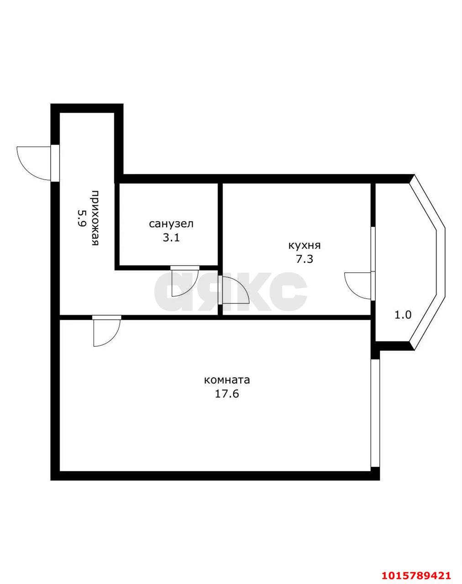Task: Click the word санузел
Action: (171, 224)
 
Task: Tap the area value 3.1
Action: (171, 238)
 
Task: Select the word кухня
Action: (304, 245)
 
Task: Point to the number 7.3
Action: (304, 259)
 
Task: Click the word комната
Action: (227, 380)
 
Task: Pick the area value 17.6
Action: (227, 394)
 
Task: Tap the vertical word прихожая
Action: (95, 218)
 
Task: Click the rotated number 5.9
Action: (81, 218)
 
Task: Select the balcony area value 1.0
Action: (403, 315)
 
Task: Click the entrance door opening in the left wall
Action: (55, 163)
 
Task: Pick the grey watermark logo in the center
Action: (231, 292)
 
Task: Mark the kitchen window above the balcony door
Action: (373, 249)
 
